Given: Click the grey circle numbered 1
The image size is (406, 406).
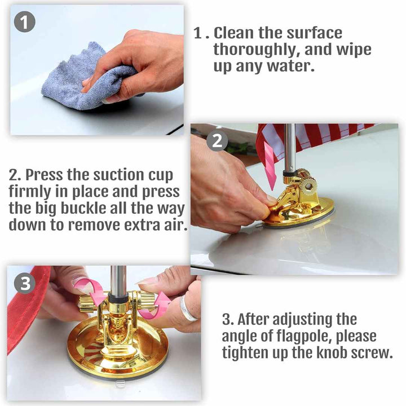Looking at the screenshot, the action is (25, 22).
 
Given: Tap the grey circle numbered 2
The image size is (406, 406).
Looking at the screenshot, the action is (217, 141).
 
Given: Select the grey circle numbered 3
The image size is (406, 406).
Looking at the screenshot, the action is (25, 283).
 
